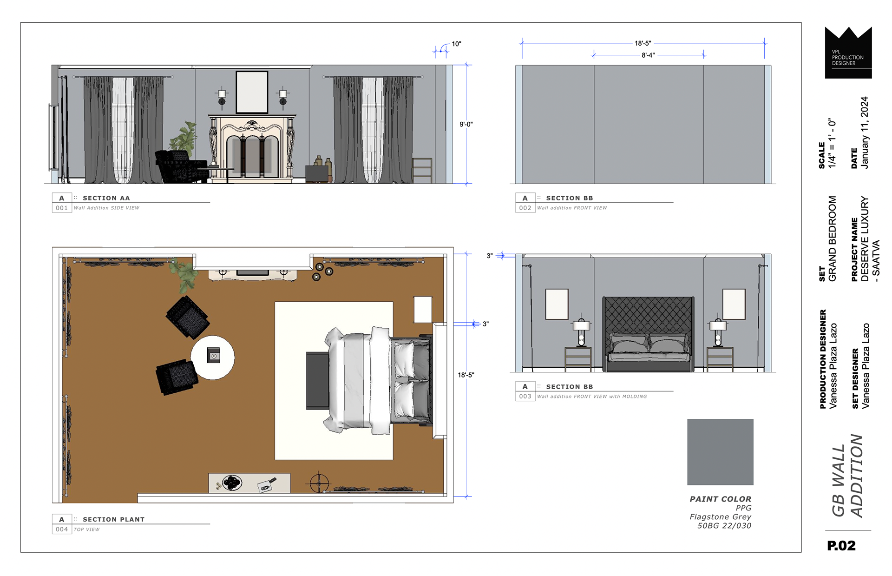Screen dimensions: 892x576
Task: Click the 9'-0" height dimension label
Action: click(466, 124)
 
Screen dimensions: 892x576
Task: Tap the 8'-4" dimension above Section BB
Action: click(648, 55)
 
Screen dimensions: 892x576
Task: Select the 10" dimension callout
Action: click(456, 44)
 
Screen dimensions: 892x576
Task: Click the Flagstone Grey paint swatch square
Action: click(720, 452)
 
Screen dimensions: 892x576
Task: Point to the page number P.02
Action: click(841, 545)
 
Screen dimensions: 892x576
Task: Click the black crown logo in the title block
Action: click(848, 53)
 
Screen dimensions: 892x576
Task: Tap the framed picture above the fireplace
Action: click(252, 92)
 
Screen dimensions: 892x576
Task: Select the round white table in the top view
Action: click(213, 358)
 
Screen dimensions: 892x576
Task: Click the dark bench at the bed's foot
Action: click(318, 381)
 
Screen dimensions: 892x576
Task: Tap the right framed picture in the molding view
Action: click(734, 304)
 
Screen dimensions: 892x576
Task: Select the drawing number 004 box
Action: click(62, 529)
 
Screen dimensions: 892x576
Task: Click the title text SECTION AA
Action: click(106, 198)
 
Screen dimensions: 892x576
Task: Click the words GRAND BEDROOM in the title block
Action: click(832, 238)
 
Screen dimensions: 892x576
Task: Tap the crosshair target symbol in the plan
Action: click(319, 483)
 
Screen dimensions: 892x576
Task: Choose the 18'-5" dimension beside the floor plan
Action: click(466, 375)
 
